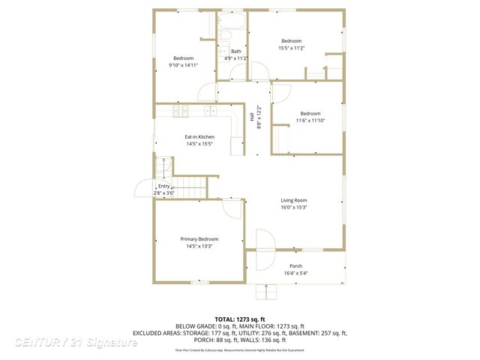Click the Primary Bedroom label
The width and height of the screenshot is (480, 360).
tap(199, 238)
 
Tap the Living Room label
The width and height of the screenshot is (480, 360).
tap(294, 200)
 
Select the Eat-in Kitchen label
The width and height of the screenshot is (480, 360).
tap(199, 136)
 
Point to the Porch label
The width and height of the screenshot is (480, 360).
tap(296, 265)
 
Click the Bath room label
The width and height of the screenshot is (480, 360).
tap(235, 51)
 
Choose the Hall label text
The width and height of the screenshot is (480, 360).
tap(252, 116)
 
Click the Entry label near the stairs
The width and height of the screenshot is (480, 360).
tap(163, 186)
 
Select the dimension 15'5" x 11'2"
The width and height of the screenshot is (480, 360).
tap(291, 47)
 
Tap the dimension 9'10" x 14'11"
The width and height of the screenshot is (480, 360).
tap(184, 65)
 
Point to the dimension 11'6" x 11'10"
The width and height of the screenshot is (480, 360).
tap(310, 120)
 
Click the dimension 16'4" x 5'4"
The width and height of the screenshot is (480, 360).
tap(296, 273)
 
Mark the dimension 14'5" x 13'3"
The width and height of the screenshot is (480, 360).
tap(199, 246)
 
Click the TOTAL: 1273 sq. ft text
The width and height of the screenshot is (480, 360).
tap(239, 319)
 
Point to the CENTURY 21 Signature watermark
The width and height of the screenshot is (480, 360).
tap(76, 342)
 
